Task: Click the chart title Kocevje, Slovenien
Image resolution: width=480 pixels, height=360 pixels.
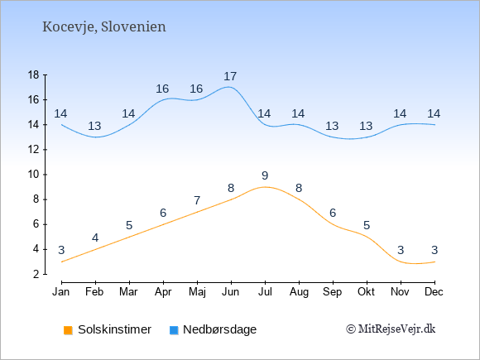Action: tap(104, 27)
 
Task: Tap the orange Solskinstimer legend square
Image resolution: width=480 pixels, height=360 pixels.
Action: tap(68, 330)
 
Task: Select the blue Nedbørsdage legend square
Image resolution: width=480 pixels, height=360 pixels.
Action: tap(174, 330)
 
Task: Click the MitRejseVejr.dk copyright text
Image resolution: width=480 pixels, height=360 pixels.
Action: tap(391, 329)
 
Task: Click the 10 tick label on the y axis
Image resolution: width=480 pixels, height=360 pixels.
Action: tap(34, 175)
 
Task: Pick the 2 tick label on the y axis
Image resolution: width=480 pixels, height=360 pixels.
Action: tap(36, 274)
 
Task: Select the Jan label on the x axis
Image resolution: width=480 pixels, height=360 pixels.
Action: tap(61, 292)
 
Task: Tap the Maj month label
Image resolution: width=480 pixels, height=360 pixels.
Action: tap(197, 292)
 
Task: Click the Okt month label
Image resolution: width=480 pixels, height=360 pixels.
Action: tap(366, 292)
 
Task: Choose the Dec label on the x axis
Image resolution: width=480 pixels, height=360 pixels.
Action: tap(434, 292)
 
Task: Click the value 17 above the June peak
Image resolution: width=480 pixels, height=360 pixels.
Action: tap(230, 76)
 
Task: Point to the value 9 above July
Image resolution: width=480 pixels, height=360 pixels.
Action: tap(265, 175)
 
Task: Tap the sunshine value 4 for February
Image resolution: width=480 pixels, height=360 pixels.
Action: tap(95, 238)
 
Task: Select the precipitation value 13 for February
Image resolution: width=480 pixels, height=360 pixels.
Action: tap(94, 126)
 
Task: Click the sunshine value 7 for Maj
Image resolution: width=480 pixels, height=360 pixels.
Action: tap(197, 200)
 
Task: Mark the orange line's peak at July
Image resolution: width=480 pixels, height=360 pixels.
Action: tap(265, 187)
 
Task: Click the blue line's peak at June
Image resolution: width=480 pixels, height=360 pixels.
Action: tap(229, 87)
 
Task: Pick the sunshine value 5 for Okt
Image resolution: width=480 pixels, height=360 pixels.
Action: tap(367, 226)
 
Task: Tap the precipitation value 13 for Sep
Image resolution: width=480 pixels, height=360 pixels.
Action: tap(332, 126)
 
